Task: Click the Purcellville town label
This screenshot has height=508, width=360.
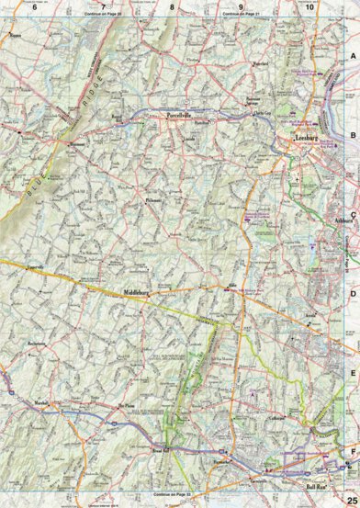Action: click(x=178, y=117)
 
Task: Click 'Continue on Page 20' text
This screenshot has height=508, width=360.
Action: click(x=101, y=15)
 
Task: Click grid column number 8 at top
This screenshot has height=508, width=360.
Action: click(x=171, y=6)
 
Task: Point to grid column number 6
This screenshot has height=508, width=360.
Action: click(x=34, y=6)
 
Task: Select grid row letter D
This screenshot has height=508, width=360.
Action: click(x=352, y=294)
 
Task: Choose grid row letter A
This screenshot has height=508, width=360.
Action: click(x=352, y=57)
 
